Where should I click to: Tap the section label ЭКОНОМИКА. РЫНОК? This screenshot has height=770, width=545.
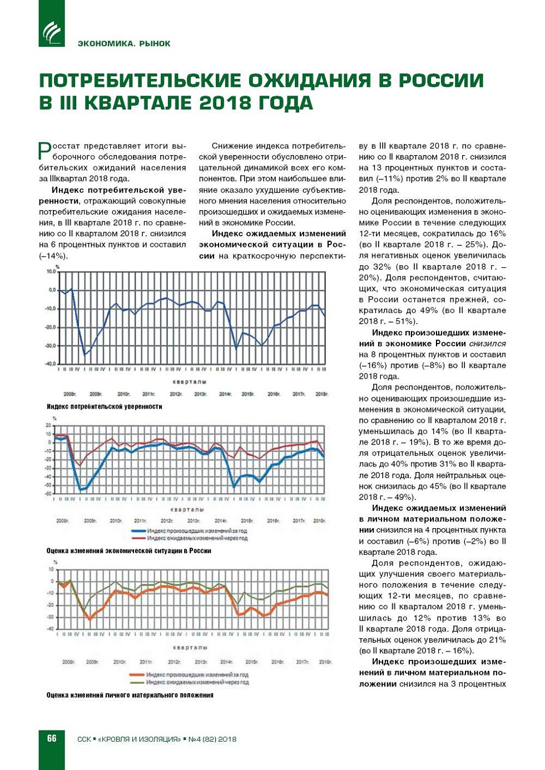(124, 43)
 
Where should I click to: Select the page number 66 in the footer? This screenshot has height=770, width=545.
(52, 738)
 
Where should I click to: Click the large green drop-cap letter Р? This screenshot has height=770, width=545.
(44, 150)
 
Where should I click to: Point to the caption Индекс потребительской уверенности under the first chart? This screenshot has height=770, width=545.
(105, 406)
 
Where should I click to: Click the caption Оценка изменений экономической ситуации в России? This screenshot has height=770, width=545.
(128, 550)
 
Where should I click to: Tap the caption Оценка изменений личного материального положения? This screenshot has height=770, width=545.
(130, 695)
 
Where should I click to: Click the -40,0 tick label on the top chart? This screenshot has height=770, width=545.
(51, 364)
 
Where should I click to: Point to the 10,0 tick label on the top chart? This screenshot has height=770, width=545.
(51, 271)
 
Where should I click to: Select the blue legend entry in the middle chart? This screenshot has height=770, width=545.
(189, 531)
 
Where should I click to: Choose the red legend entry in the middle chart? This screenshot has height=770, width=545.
(189, 538)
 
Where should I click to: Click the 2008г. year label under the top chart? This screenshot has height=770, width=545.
(70, 394)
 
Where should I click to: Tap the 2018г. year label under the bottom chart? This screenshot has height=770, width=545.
(325, 662)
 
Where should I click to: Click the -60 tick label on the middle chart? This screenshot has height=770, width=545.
(48, 493)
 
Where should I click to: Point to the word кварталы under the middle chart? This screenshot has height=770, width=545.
(189, 509)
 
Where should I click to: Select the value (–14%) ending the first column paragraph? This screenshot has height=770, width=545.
(53, 256)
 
